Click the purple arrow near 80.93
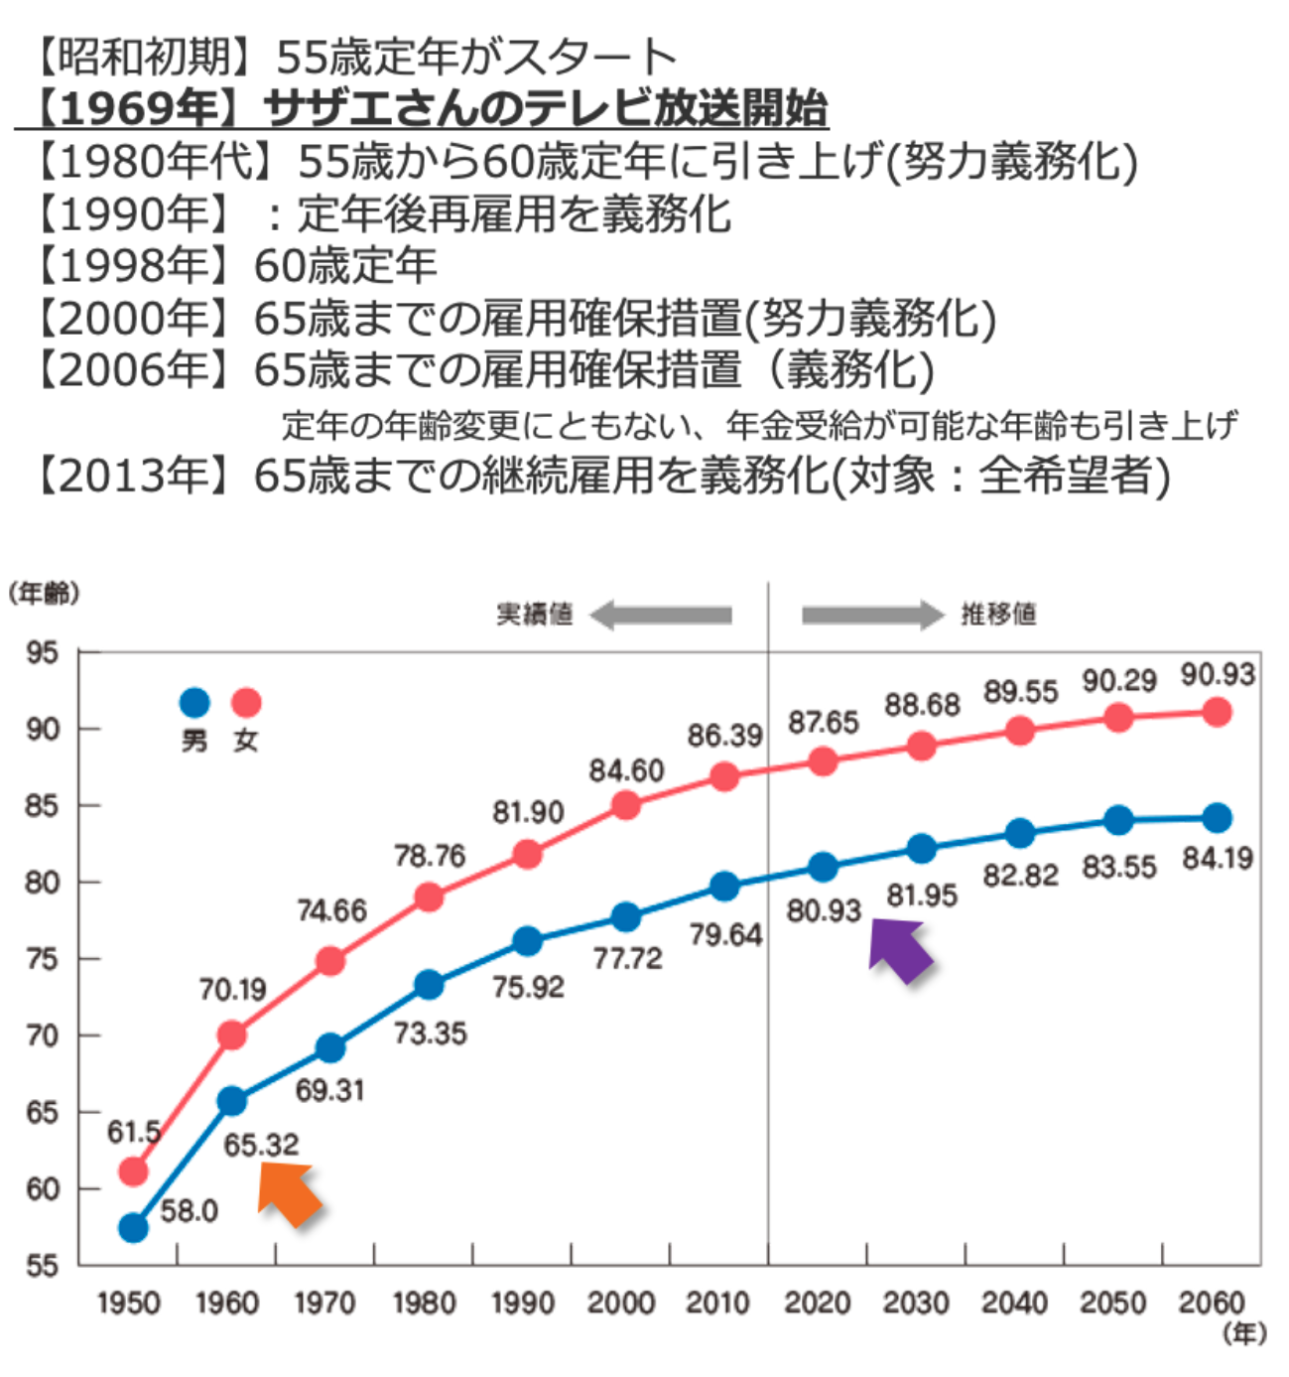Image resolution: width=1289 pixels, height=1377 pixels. tap(900, 950)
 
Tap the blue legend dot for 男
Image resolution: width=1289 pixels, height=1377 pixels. tap(194, 703)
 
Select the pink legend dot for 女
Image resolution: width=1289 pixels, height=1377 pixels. tap(246, 703)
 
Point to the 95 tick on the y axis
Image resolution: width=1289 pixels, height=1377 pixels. tap(42, 653)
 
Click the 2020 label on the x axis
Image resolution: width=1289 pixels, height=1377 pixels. tap(817, 1303)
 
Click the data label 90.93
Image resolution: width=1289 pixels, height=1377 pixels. tap(1218, 675)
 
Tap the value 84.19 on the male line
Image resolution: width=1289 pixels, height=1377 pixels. tap(1218, 858)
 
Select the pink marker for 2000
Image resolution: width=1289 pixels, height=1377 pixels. tap(625, 805)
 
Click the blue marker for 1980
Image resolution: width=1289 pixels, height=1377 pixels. tap(429, 985)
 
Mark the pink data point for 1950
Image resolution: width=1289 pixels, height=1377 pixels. tap(133, 1172)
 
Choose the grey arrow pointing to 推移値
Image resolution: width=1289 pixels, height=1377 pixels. tap(871, 615)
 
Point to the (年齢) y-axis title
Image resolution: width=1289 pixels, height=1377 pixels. tap(44, 594)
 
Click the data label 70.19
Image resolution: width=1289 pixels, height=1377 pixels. tap(232, 990)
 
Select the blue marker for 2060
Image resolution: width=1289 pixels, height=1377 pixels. tap(1218, 818)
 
